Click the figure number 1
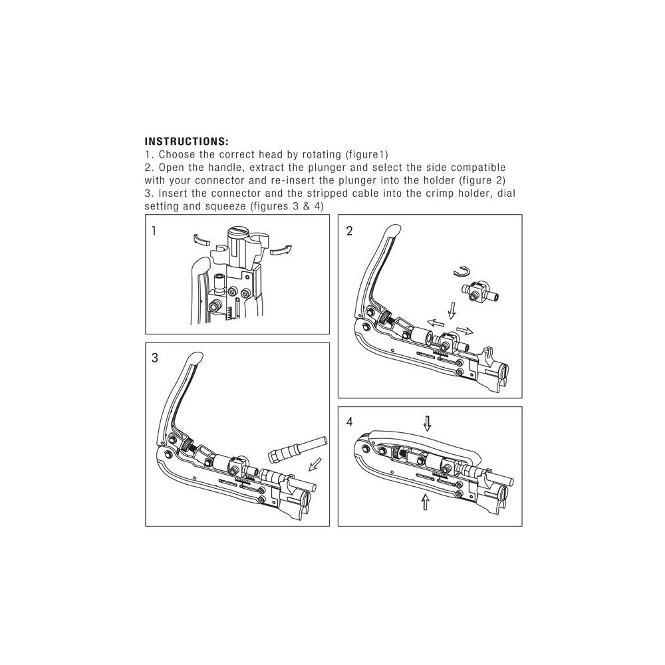(154, 231)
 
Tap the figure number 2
(349, 231)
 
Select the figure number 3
(154, 358)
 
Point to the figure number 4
(349, 422)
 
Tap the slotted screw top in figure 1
(236, 231)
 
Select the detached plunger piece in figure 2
(479, 293)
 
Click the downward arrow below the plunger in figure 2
(452, 311)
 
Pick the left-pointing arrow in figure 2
(435, 324)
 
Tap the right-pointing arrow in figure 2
(465, 331)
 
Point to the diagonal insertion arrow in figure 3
(315, 464)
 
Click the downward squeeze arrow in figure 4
(428, 423)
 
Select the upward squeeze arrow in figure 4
(426, 501)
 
